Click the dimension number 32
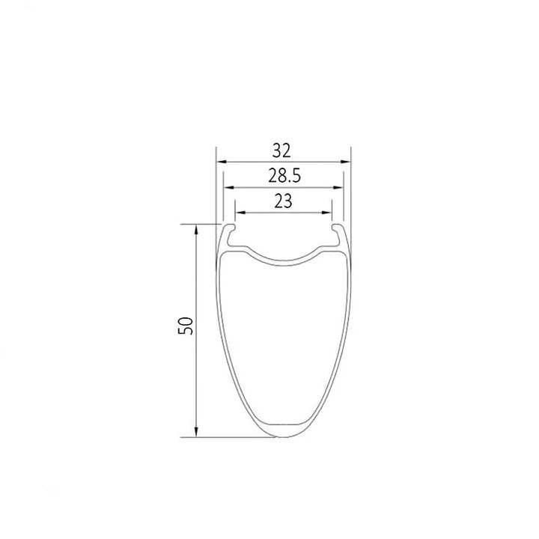tap(281, 150)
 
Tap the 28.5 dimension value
tap(284, 176)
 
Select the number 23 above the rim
tap(283, 201)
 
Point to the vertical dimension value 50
tap(186, 326)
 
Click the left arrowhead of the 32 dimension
tap(221, 162)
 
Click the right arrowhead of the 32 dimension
tap(346, 162)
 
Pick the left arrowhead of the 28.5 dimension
tap(228, 187)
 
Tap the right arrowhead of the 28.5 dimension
tap(338, 187)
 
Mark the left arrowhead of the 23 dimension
tap(240, 213)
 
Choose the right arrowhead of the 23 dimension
tap(326, 213)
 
